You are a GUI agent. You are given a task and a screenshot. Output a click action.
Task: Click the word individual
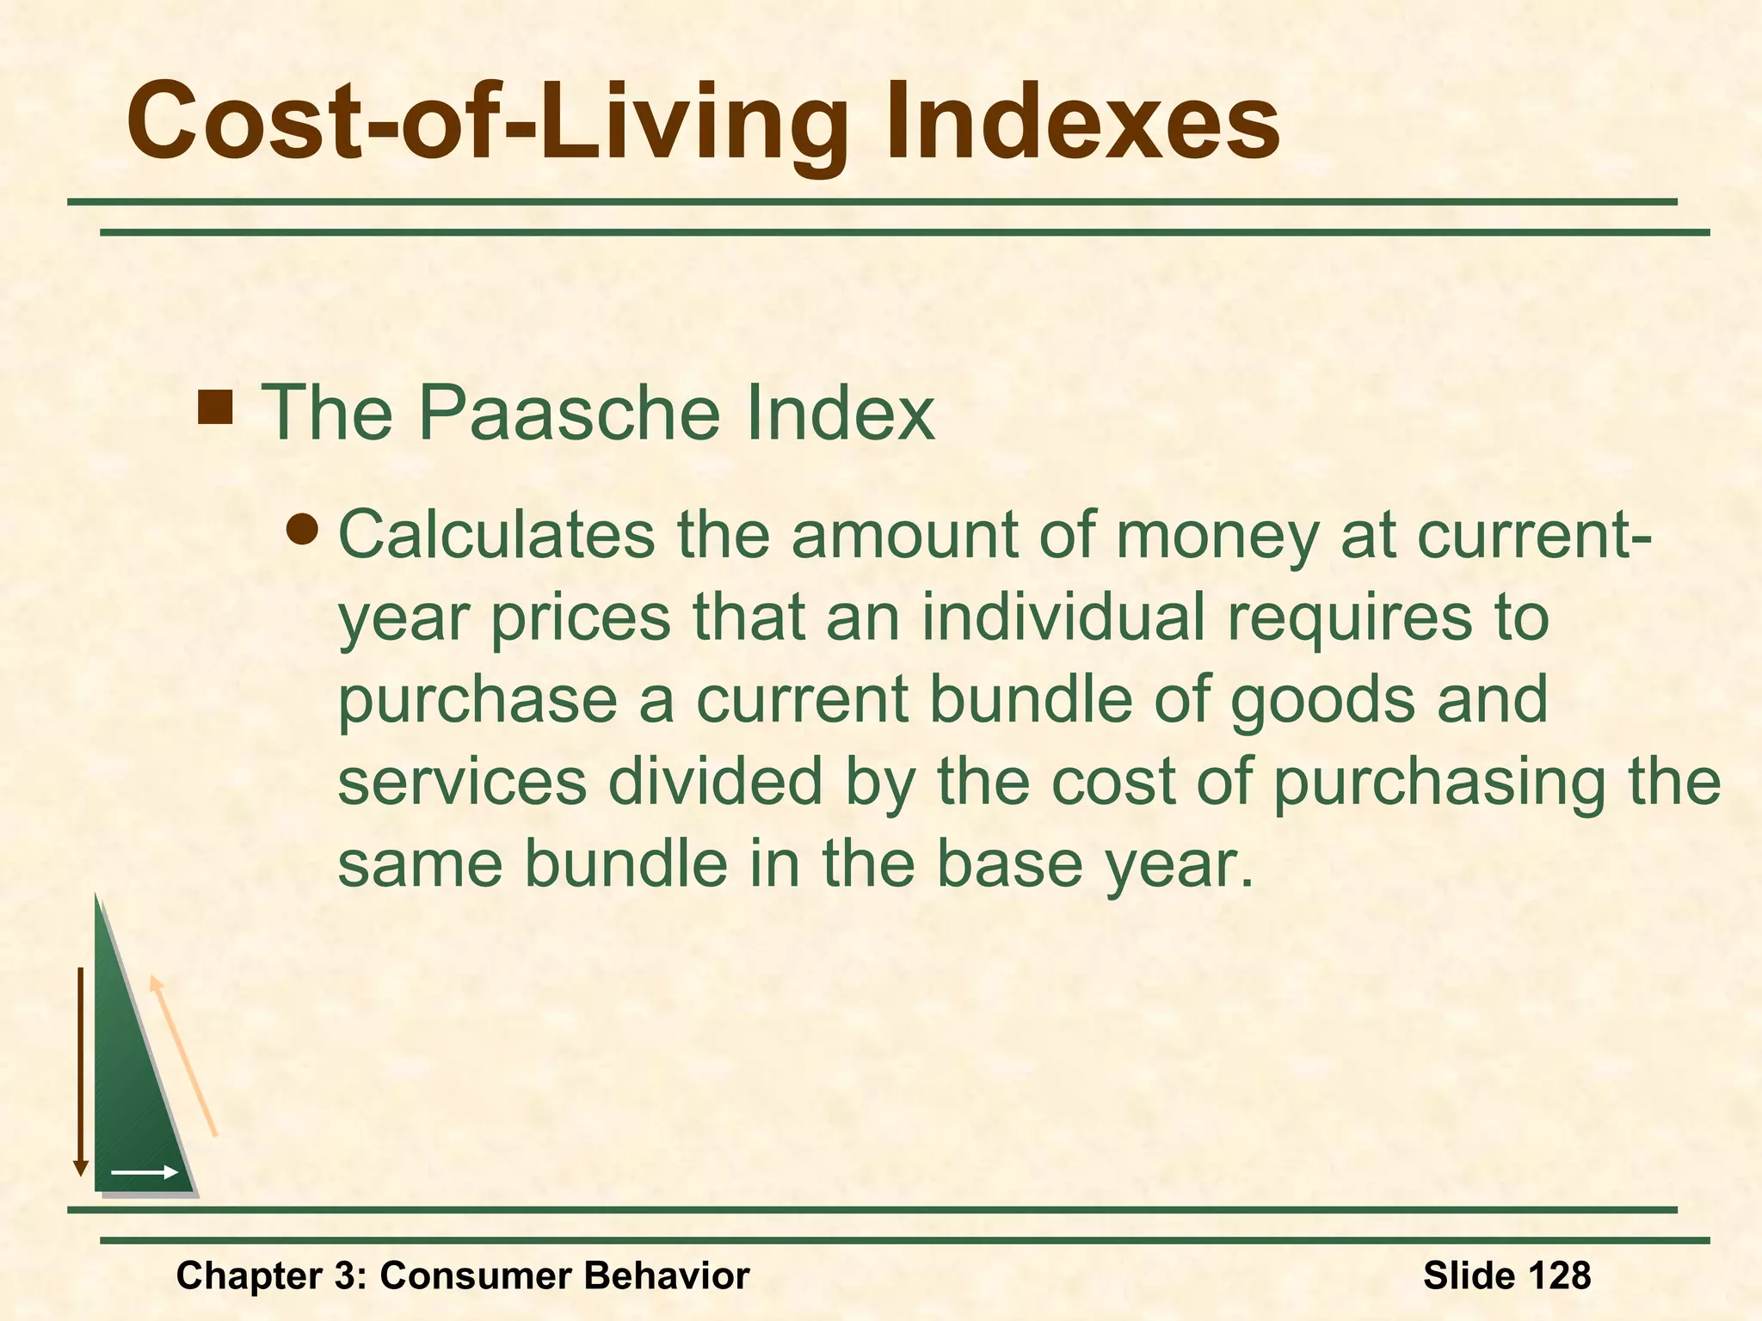coord(1063,617)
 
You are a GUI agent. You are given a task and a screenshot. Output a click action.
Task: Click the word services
coord(462,782)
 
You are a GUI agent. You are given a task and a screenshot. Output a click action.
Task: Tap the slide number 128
coord(1556,1275)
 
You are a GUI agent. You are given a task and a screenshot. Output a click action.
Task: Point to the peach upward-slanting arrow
coord(183,1056)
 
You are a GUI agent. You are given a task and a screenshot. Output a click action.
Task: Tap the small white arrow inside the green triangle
coord(145,1172)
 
